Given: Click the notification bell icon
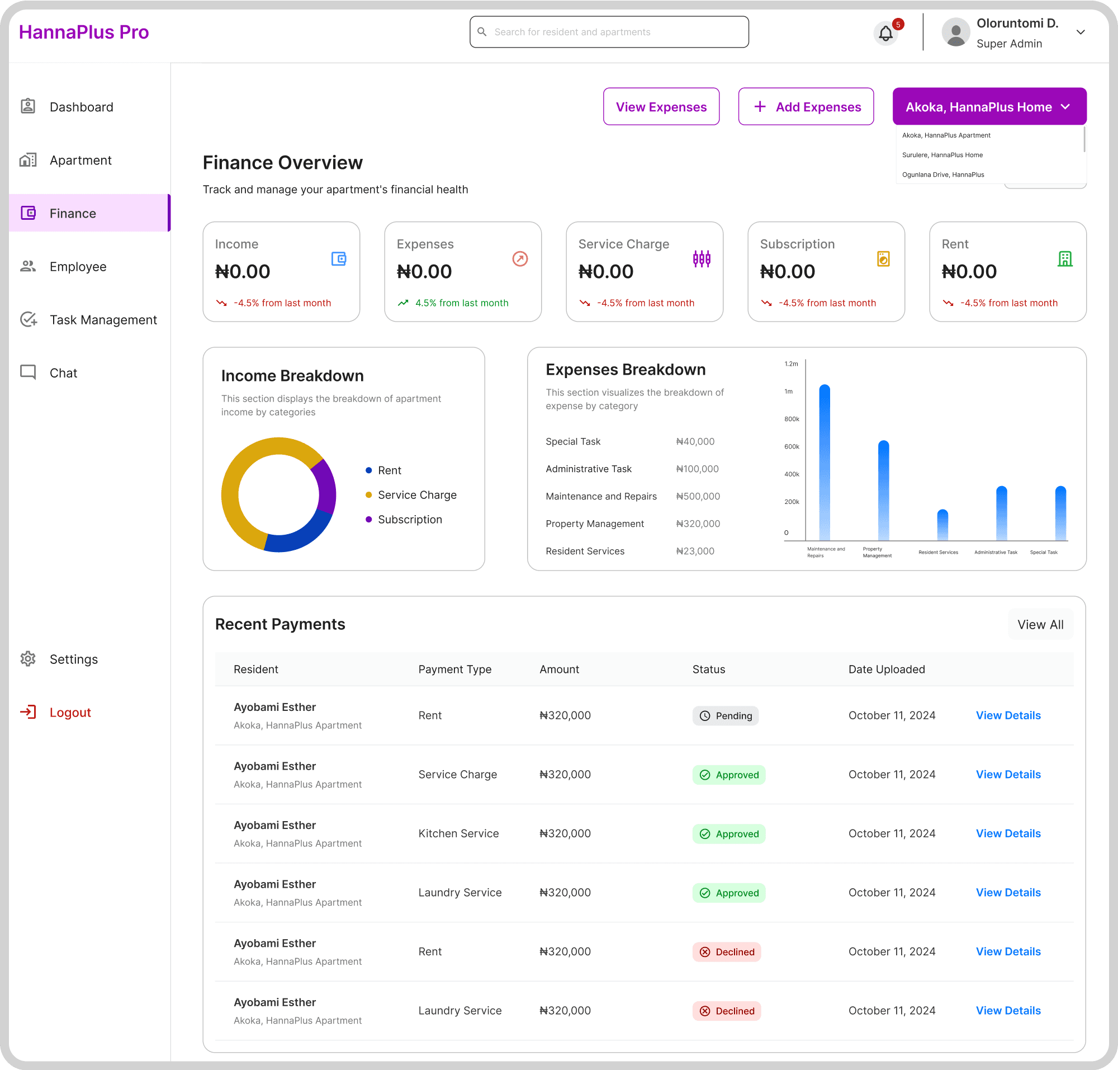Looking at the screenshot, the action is coord(885,33).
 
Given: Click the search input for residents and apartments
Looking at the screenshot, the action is coord(609,32).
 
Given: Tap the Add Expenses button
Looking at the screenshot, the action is coord(806,107).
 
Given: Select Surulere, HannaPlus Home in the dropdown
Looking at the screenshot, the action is coord(942,155).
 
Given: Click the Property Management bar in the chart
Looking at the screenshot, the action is coord(883,491).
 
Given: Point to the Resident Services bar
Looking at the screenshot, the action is coord(942,525).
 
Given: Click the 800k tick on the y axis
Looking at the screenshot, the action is coord(792,419).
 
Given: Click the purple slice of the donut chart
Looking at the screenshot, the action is coord(325,486).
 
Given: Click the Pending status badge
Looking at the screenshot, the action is coord(725,716).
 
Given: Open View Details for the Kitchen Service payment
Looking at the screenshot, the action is coord(1008,834).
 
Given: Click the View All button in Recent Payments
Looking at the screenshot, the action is coord(1040,625).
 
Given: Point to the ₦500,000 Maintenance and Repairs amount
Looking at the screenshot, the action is coord(698,496).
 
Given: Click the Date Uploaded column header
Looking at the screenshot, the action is coord(887,670).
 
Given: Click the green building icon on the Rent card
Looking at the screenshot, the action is coord(1064,259).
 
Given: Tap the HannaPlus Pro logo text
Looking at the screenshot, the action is coord(84,32).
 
